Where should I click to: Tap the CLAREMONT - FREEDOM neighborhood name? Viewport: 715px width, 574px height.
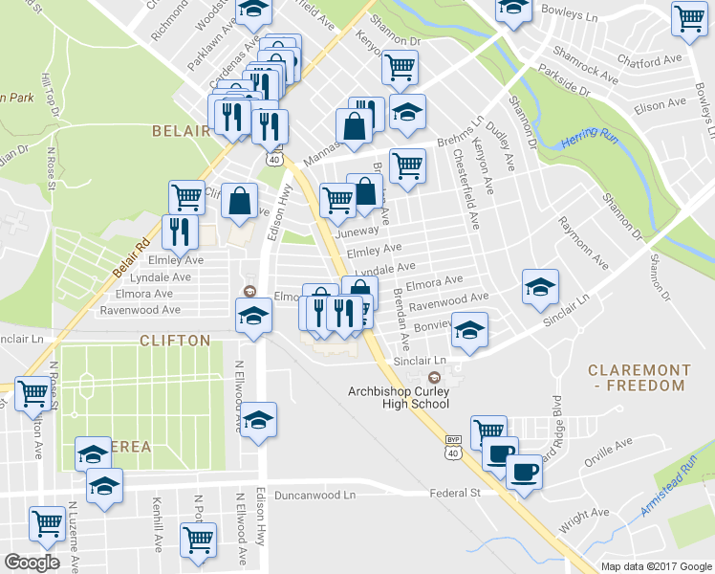pos(638,377)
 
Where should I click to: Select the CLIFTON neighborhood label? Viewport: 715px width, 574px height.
pos(175,340)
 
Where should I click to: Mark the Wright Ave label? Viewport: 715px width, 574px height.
pos(584,520)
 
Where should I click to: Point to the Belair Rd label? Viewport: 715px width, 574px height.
pos(132,258)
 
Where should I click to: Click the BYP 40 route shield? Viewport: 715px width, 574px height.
pos(454,446)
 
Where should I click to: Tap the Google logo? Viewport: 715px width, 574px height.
pos(32,563)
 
